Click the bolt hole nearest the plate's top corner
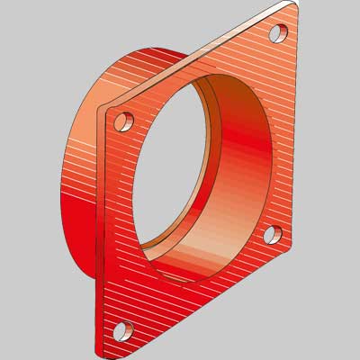(278, 33)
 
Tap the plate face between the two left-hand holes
(120, 225)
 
